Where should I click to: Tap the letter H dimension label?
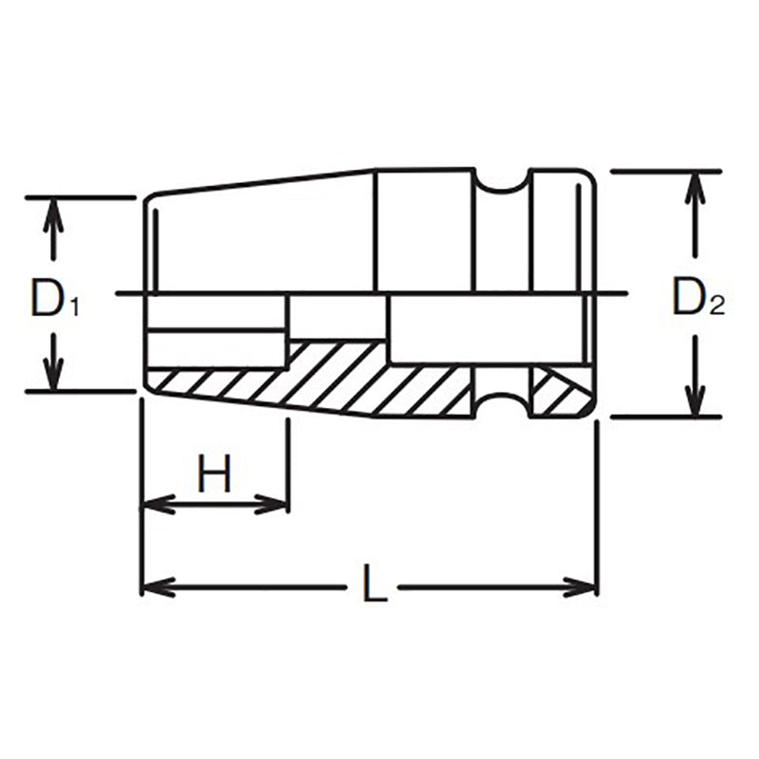coord(215,473)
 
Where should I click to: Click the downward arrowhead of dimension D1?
coord(54,378)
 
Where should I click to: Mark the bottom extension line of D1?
coord(81,390)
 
